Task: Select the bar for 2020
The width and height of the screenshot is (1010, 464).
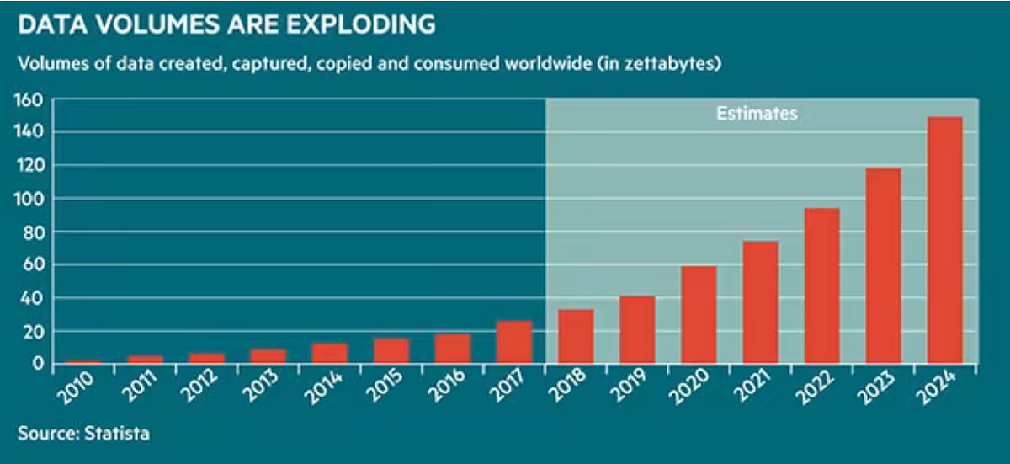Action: pos(699,315)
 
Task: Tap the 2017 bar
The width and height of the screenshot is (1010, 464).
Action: pos(514,342)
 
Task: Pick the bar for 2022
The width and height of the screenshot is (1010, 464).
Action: pos(821,285)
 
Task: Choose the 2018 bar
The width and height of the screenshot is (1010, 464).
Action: pos(576,336)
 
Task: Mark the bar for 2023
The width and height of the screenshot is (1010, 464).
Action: pos(883,265)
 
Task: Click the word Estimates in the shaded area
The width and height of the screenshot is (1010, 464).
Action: pos(756,115)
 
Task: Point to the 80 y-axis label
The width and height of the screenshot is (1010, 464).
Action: pos(35,232)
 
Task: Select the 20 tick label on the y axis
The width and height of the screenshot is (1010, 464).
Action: pos(35,332)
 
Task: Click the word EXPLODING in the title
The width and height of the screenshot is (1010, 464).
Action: pos(357,25)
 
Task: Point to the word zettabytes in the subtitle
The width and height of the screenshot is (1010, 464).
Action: pos(672,65)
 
